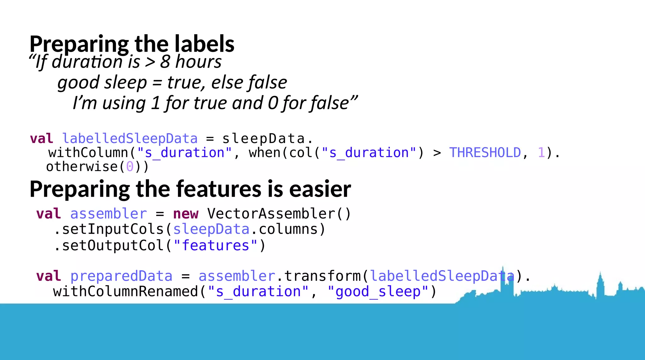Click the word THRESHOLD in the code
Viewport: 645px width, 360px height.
tap(485, 153)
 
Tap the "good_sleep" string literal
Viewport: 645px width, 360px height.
tap(378, 292)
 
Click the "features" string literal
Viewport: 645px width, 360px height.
tap(215, 246)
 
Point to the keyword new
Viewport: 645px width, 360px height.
tap(186, 214)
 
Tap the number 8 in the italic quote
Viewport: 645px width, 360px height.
tap(165, 61)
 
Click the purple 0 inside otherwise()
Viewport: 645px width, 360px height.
tap(129, 167)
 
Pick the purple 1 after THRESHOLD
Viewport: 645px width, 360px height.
tap(541, 153)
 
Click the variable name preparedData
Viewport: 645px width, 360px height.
tap(121, 276)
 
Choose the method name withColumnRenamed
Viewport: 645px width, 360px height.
tap(125, 292)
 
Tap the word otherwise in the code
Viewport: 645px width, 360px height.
tap(82, 167)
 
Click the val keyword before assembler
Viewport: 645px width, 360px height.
tap(48, 214)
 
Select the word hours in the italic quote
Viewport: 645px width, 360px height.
tap(198, 61)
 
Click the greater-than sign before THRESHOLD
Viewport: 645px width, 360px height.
tap(437, 153)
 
